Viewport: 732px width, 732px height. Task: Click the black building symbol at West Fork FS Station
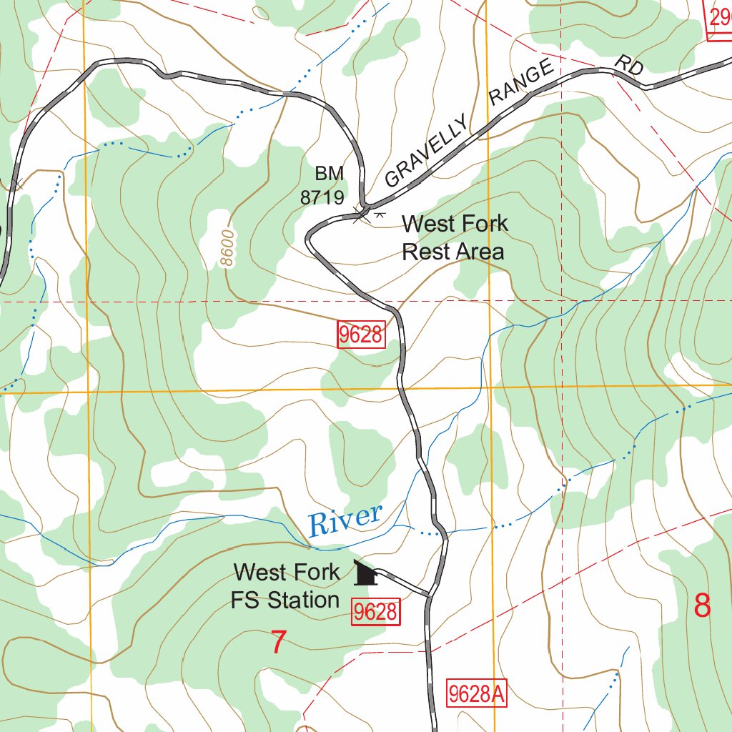365,573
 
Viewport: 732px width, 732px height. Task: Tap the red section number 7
279,643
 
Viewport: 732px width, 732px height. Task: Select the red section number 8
703,606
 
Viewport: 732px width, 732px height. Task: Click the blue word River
345,519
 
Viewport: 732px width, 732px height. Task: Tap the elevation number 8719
322,198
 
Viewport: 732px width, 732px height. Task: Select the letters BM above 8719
329,174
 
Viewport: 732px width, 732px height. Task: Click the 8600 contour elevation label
227,248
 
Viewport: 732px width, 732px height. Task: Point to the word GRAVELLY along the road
427,152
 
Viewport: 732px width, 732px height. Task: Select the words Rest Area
452,252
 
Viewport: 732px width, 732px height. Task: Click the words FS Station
285,600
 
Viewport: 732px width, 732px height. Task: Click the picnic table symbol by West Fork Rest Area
380,213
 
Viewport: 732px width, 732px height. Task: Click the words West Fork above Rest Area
455,224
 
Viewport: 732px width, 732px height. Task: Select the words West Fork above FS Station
287,572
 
